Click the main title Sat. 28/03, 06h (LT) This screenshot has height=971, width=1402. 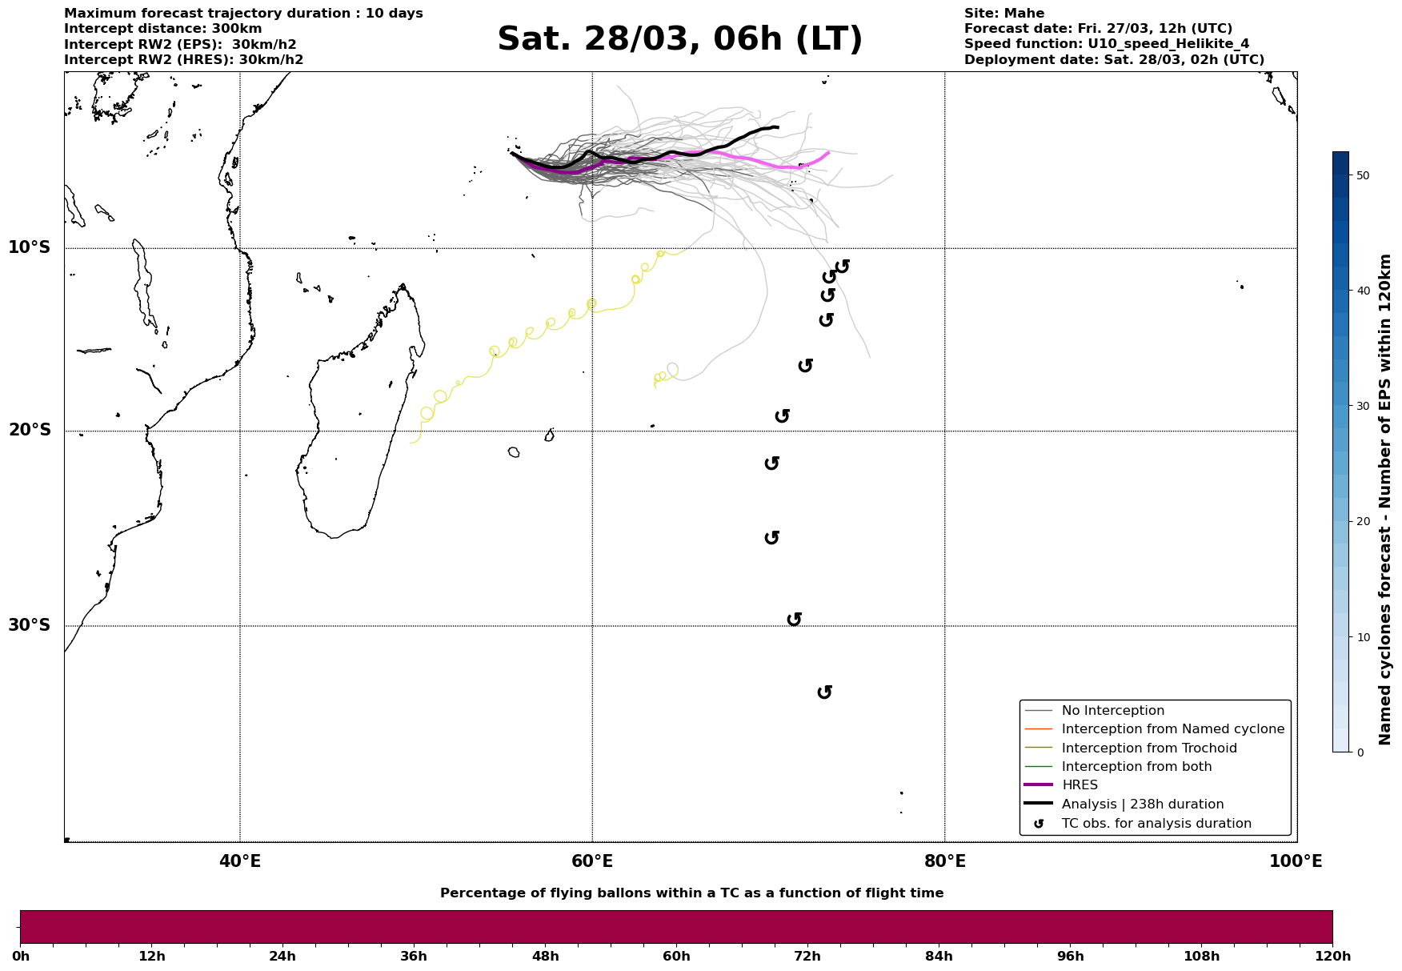tap(679, 39)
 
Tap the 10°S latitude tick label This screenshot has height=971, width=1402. tap(30, 247)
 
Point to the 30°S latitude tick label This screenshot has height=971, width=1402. tap(30, 625)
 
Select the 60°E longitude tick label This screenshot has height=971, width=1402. tap(592, 862)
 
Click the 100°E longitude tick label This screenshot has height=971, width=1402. tap(1296, 862)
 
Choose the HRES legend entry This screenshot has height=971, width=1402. tap(1080, 785)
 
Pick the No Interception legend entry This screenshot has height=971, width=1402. tap(1112, 711)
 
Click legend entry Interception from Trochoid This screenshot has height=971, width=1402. tap(1148, 748)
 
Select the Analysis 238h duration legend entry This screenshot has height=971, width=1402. tap(1142, 804)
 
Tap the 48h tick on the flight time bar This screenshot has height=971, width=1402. tap(545, 957)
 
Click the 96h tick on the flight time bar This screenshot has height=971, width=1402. tap(1070, 957)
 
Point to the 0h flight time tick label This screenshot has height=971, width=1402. tap(20, 957)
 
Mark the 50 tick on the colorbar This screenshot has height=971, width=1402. tap(1363, 175)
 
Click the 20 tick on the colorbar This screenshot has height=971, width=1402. tap(1363, 522)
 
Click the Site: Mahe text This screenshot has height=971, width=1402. tap(1003, 14)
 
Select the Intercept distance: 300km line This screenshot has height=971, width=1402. tap(162, 29)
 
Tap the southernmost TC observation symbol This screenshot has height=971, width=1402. tap(825, 692)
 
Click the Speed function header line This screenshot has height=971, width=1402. tap(1106, 44)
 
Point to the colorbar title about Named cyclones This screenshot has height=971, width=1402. tap(1386, 500)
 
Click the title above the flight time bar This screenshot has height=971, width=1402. tap(691, 893)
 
